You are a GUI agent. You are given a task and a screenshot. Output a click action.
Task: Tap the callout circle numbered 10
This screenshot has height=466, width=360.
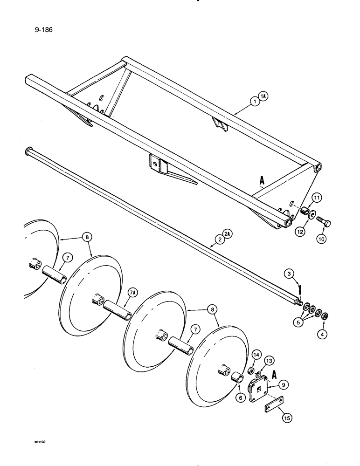[322, 239]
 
